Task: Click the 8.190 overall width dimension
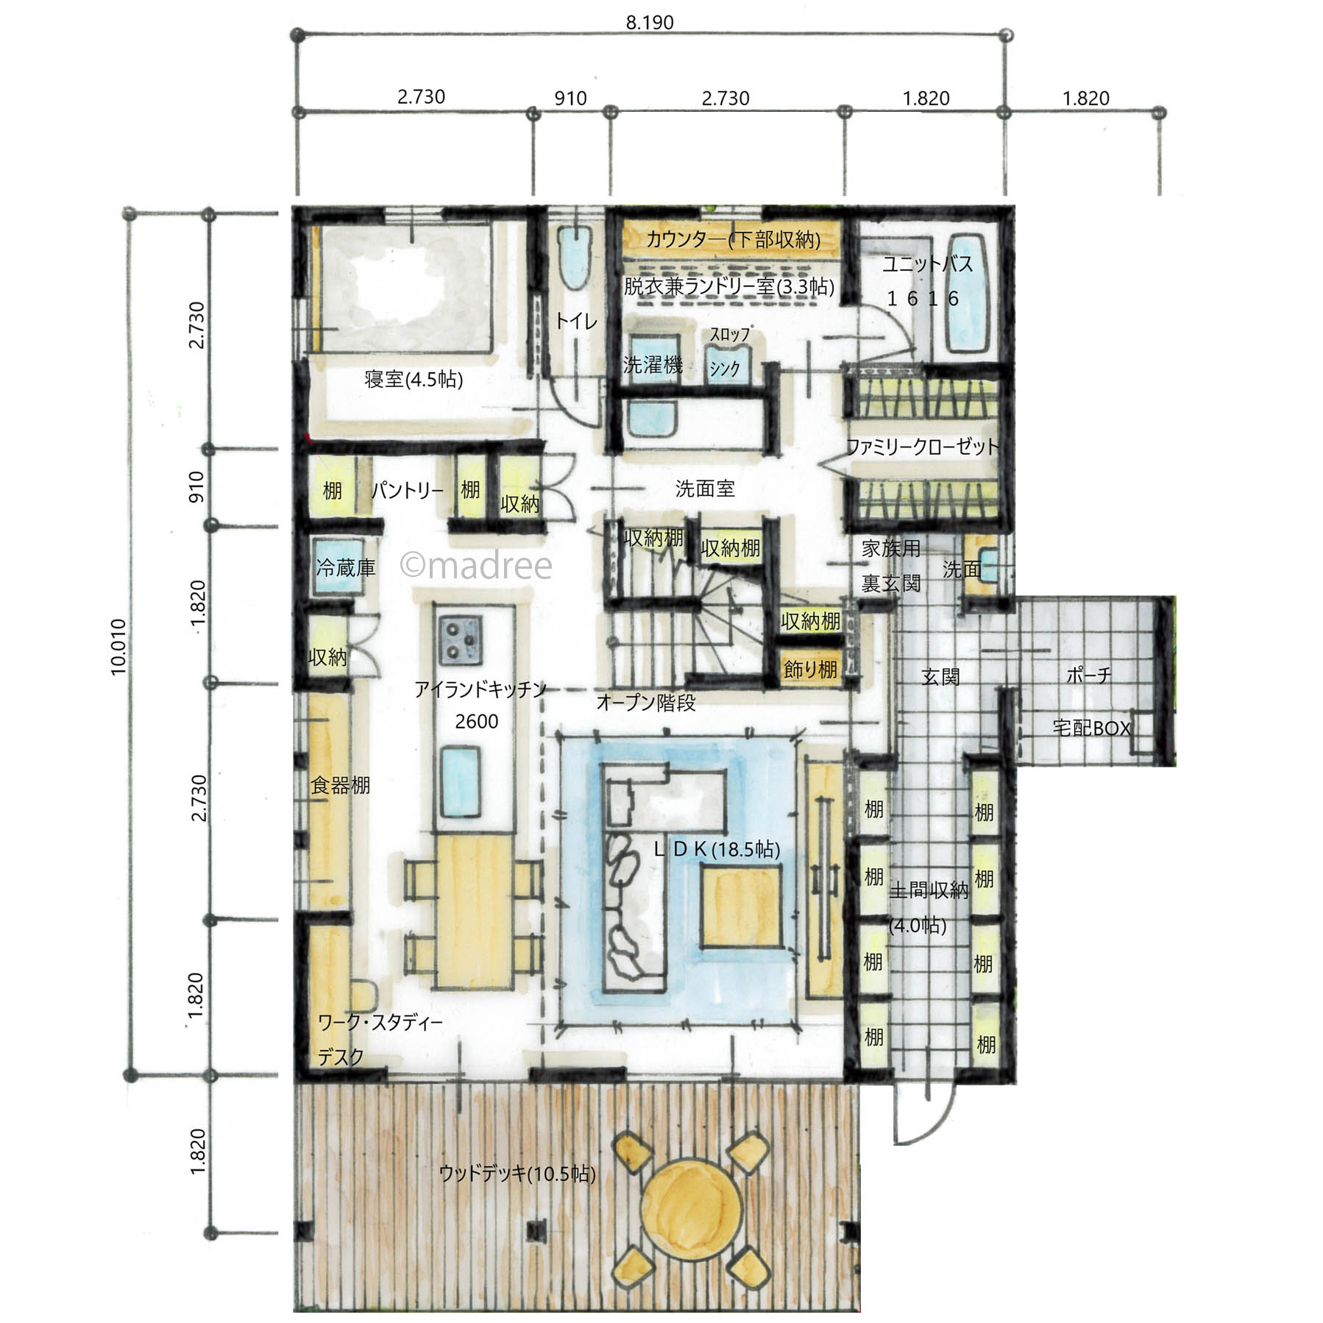coord(649,23)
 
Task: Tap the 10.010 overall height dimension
coord(118,646)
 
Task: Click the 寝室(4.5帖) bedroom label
coord(414,380)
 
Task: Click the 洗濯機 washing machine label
coord(653,364)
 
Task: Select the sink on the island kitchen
coord(461,781)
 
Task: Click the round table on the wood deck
coord(691,1205)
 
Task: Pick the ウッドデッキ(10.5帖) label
coord(517,1173)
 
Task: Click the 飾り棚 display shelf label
coord(810,669)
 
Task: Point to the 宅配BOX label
coord(1091,728)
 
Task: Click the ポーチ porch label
coord(1088,675)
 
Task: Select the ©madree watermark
coord(476,565)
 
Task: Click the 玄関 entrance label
coord(940,676)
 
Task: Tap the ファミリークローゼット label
coord(923,446)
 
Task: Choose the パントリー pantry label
coord(408,490)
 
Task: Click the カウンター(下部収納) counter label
coord(733,238)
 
